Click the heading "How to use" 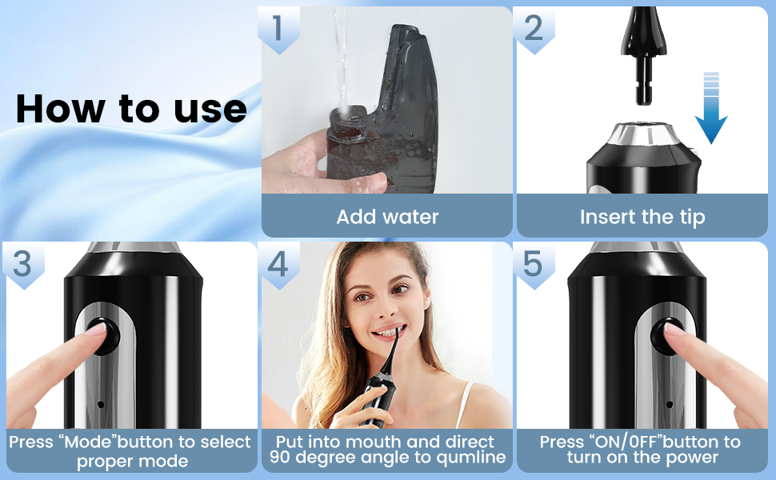(x=131, y=108)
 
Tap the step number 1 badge (x=278, y=29)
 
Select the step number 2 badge (x=534, y=29)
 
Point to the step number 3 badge (x=22, y=264)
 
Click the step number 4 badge (x=278, y=264)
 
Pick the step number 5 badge (x=534, y=264)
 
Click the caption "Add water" (x=387, y=217)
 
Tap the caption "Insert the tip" (x=642, y=218)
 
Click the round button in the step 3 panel (x=102, y=336)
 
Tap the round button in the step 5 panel (x=668, y=336)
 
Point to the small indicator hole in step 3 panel (x=101, y=404)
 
